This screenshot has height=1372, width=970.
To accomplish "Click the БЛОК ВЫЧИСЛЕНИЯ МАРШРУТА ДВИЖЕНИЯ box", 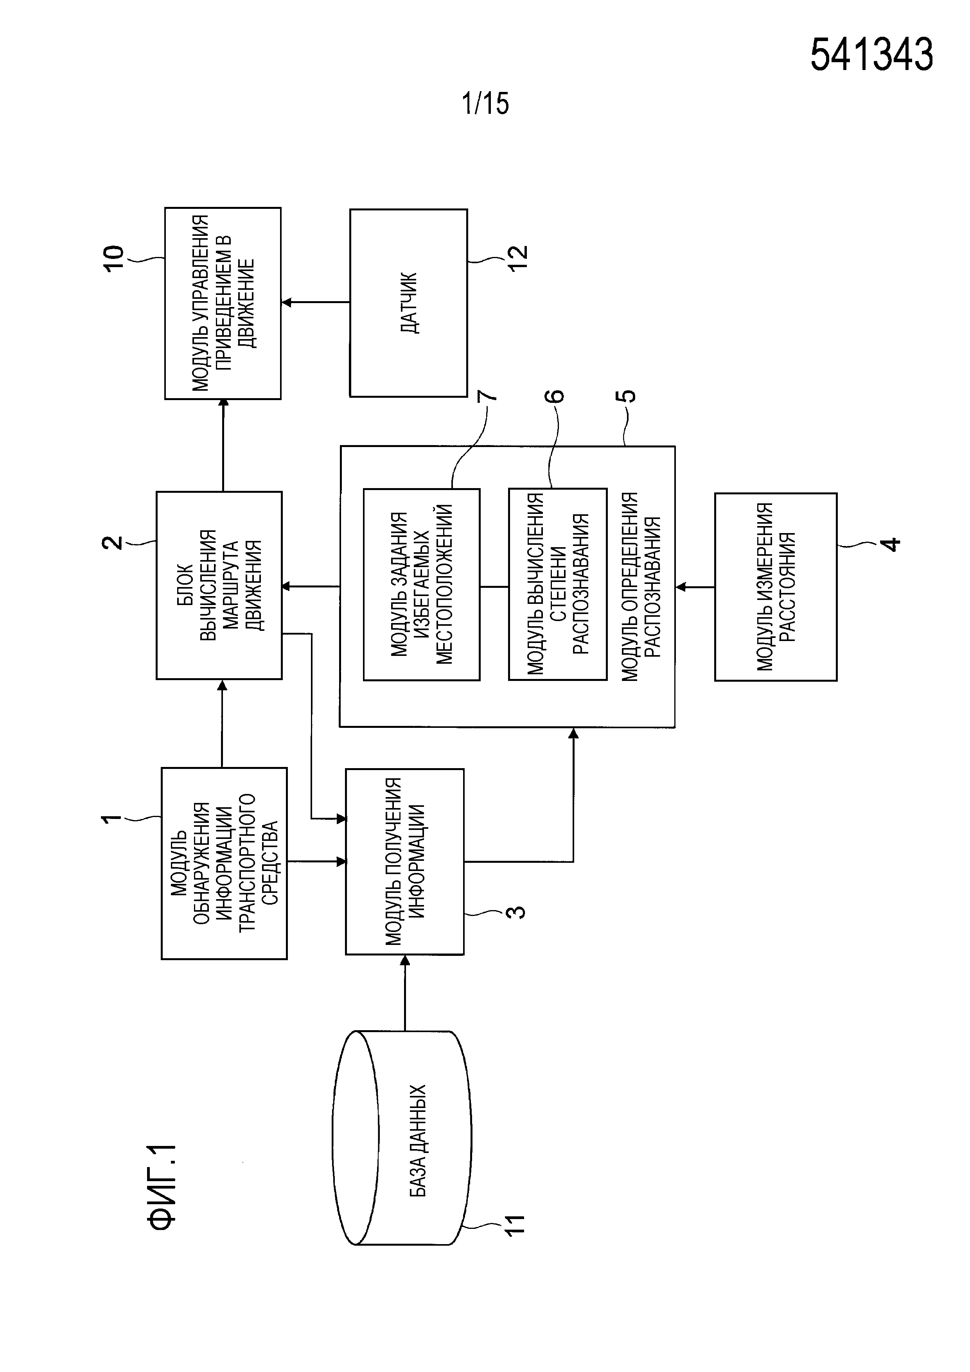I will (x=219, y=585).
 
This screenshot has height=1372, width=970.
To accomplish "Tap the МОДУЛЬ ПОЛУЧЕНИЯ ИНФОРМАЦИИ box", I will (x=404, y=861).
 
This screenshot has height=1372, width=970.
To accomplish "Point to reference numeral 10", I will (x=113, y=258).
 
